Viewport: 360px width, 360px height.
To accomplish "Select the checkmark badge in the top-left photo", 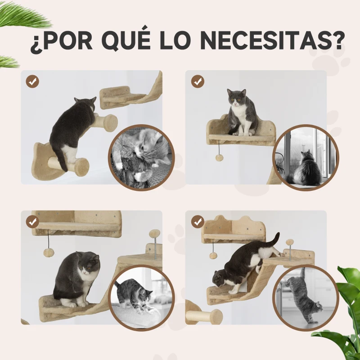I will click(32, 81).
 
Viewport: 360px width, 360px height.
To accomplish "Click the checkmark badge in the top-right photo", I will click(197, 81).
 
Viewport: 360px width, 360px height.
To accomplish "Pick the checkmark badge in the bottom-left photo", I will click(32, 221).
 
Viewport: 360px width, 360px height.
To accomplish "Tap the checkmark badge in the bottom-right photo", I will click(197, 221).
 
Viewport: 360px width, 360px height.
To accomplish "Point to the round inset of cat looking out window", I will click(306, 157).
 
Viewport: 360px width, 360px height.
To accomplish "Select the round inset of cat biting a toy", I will click(141, 157).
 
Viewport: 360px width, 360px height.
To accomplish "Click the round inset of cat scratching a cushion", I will click(141, 297).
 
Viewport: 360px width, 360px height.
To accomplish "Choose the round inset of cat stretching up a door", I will click(306, 297).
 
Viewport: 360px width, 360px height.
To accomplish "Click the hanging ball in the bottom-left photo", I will click(48, 252).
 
